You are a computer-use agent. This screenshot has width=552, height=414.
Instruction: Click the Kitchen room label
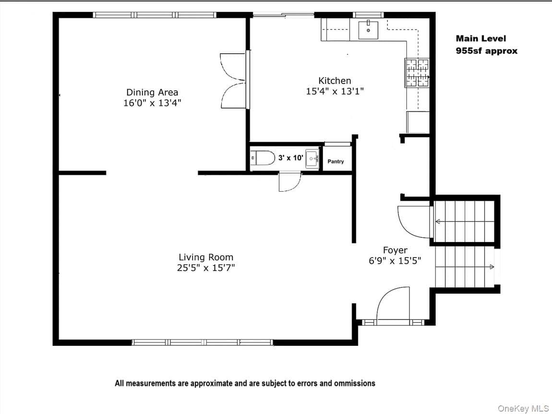335,81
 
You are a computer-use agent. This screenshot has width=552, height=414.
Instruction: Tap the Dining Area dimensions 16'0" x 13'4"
152,103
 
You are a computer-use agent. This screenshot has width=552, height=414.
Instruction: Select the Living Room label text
206,257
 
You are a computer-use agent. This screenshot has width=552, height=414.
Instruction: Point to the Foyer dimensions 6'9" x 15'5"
395,261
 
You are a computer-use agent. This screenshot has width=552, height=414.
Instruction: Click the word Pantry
336,161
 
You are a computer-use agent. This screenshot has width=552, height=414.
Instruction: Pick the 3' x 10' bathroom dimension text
290,158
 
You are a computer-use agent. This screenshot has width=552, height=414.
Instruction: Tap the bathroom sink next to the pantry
312,158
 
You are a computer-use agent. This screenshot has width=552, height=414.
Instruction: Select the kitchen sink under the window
368,30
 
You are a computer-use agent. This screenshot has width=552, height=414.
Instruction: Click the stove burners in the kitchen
417,73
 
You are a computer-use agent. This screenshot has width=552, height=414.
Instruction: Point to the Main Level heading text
481,38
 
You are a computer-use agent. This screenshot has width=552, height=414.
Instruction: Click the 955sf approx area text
487,51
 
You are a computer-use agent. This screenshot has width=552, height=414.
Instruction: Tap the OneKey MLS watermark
523,409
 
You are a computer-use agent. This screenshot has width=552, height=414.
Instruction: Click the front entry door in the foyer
393,306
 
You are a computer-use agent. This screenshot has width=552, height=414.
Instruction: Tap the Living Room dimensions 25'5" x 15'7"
206,268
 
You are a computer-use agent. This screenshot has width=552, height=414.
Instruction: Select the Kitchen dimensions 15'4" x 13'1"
335,91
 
